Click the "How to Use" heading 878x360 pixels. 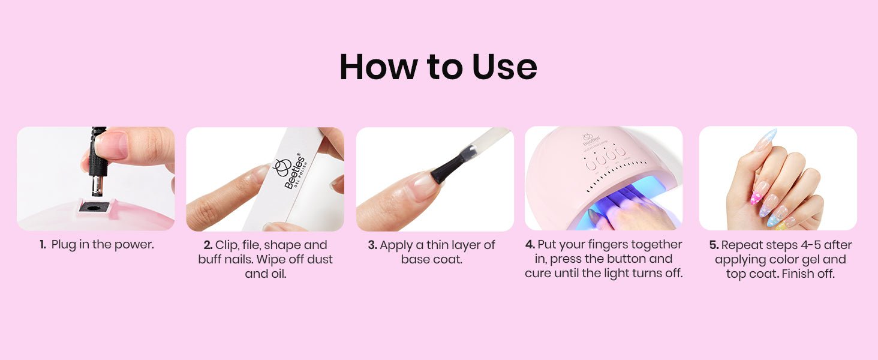(x=438, y=67)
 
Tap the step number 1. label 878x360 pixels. (x=43, y=245)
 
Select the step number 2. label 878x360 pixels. (x=208, y=245)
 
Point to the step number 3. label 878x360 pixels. (x=372, y=245)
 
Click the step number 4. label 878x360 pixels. (x=530, y=245)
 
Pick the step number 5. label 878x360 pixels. (x=714, y=245)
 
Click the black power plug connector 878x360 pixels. (x=97, y=161)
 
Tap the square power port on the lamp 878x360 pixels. (x=94, y=206)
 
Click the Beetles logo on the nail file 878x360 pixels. (x=290, y=170)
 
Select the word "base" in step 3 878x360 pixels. (x=414, y=260)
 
